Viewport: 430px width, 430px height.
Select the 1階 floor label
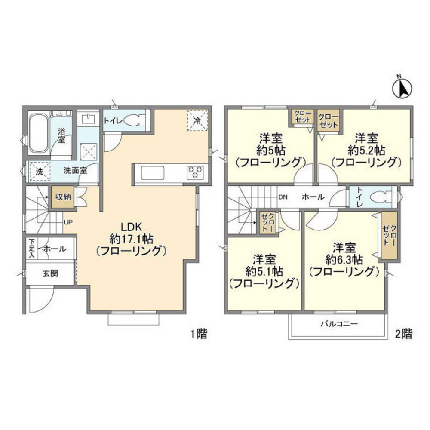[x=198, y=333]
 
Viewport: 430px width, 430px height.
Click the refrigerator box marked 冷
[x=197, y=120]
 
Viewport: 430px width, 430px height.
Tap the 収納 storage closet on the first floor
[x=62, y=197]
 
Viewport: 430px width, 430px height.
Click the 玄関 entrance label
[x=50, y=273]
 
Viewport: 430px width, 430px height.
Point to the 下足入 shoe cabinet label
[x=31, y=249]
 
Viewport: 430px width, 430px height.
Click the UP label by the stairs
[x=68, y=223]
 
